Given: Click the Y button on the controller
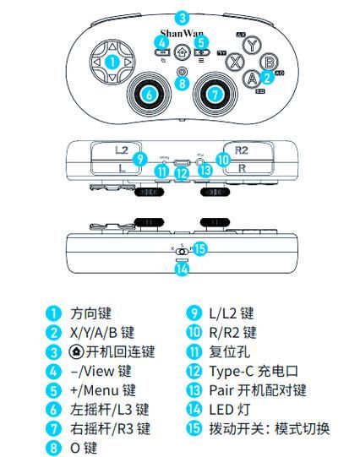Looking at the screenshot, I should tap(252, 46).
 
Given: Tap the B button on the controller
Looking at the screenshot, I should tap(268, 62).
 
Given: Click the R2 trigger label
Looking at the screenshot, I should tap(242, 150).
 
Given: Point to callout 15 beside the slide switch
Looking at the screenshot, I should tap(199, 248).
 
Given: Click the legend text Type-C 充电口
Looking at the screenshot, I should tap(254, 371).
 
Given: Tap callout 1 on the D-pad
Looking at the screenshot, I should tap(112, 62).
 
